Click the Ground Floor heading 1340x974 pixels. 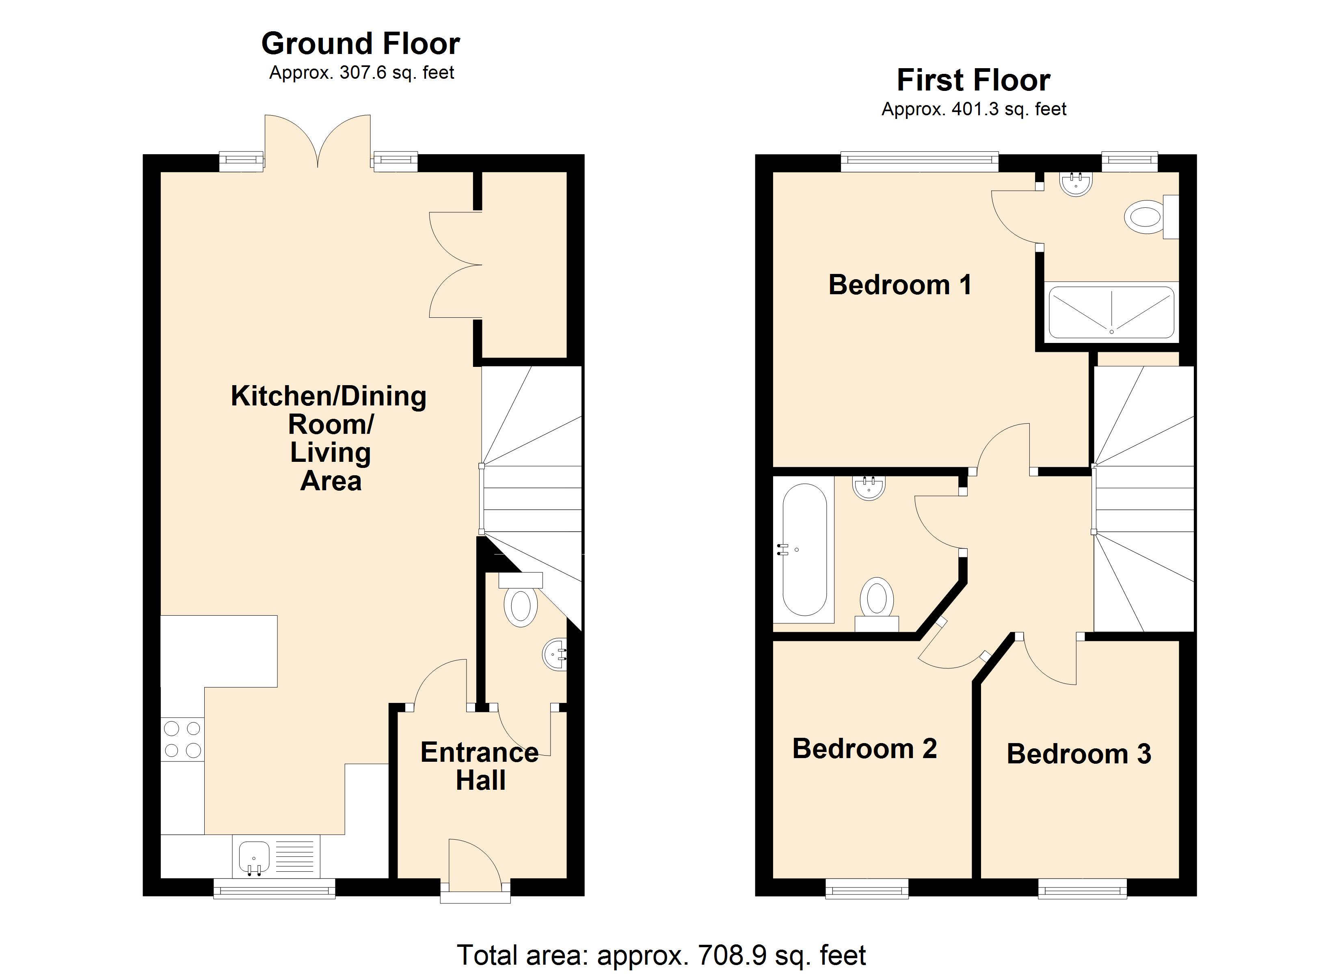pyautogui.click(x=361, y=44)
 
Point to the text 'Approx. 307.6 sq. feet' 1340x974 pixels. pyautogui.click(x=361, y=73)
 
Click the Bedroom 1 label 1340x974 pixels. pyautogui.click(x=899, y=285)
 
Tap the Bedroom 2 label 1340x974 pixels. pyautogui.click(x=865, y=749)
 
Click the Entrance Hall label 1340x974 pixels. pyautogui.click(x=480, y=767)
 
